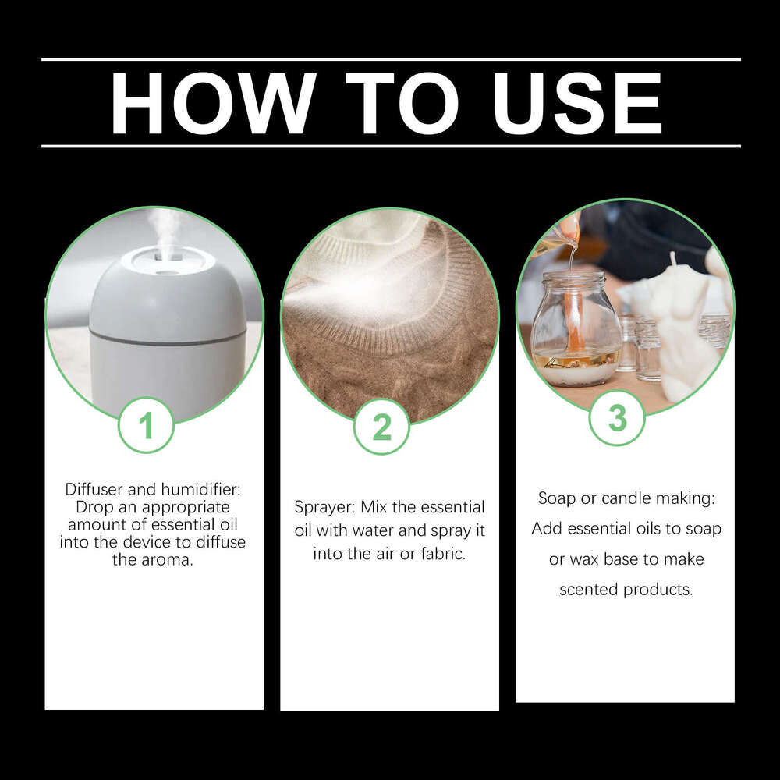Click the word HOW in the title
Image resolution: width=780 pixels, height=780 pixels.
(213, 103)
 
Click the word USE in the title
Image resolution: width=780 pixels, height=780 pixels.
(578, 103)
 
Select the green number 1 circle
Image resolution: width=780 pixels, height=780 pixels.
(146, 425)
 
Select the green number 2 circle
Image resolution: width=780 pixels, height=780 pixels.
(381, 427)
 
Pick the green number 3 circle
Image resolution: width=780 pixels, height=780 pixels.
(617, 417)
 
